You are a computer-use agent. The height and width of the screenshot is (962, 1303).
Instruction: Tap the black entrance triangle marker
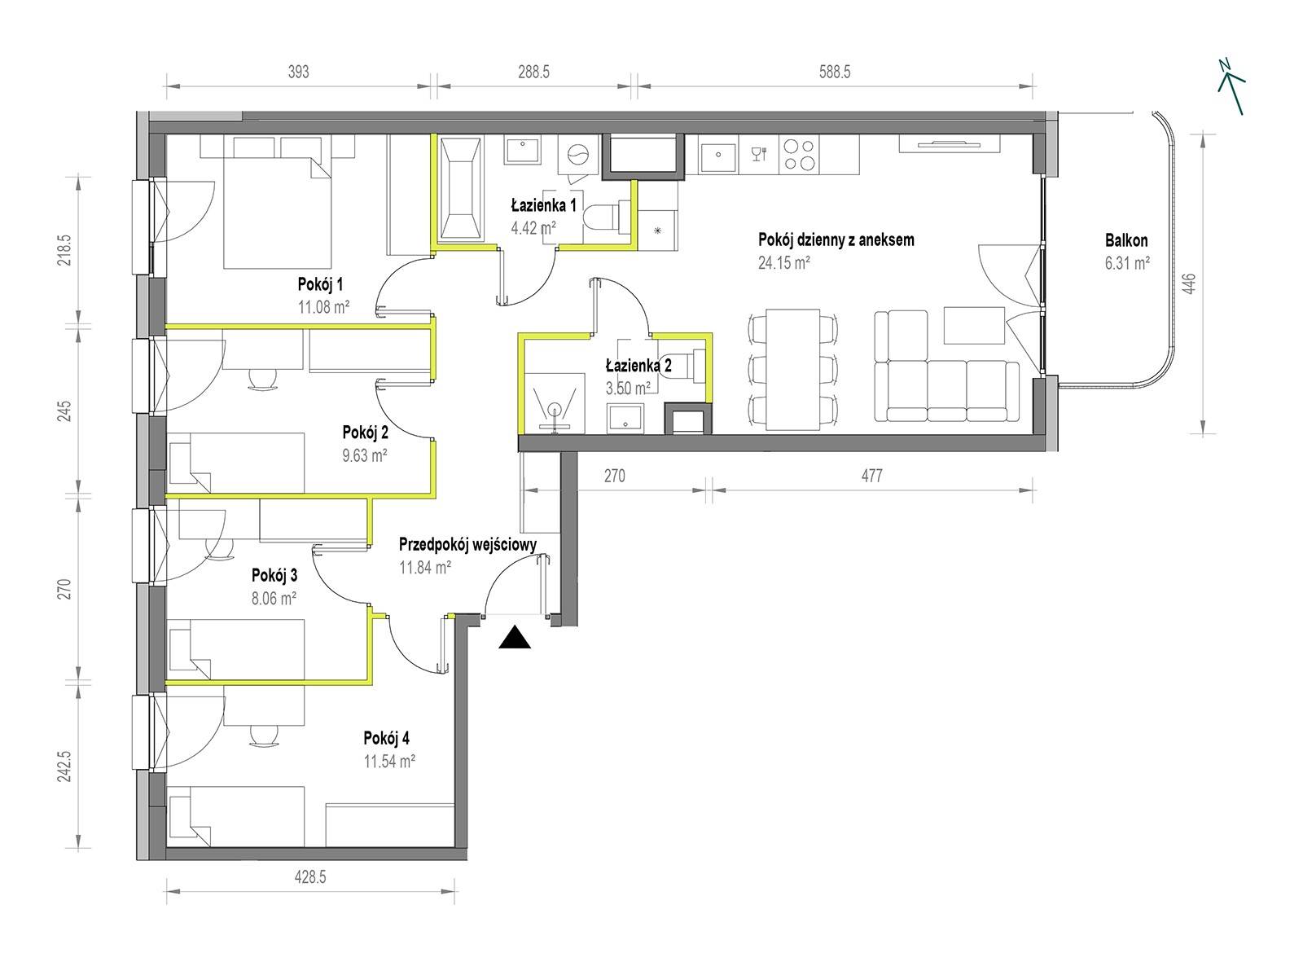[514, 638]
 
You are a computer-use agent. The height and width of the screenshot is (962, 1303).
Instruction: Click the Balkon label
[1125, 240]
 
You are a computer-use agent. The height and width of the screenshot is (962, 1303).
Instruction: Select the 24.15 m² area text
[783, 262]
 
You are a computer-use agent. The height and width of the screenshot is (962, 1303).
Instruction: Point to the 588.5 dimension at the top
[834, 72]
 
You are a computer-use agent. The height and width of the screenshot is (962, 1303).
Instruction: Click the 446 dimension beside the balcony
[1188, 283]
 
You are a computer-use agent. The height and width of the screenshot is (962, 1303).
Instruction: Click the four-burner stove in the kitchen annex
[799, 155]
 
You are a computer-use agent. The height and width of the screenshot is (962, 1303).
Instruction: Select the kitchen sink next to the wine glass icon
[718, 155]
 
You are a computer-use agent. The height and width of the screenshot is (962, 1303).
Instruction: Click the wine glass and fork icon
[758, 154]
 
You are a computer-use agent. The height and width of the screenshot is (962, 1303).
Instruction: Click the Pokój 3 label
[274, 575]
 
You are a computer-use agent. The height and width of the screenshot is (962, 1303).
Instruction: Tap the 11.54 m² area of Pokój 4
[389, 761]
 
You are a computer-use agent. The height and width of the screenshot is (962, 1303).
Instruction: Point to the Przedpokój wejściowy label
[467, 545]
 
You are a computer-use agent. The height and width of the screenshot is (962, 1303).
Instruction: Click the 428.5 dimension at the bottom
[309, 876]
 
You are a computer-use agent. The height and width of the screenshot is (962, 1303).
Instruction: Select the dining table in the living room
[792, 369]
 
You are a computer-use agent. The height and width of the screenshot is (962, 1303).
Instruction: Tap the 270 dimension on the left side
[66, 589]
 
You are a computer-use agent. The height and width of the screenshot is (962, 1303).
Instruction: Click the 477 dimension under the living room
[871, 476]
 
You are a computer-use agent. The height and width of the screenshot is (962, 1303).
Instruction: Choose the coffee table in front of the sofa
[973, 325]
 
